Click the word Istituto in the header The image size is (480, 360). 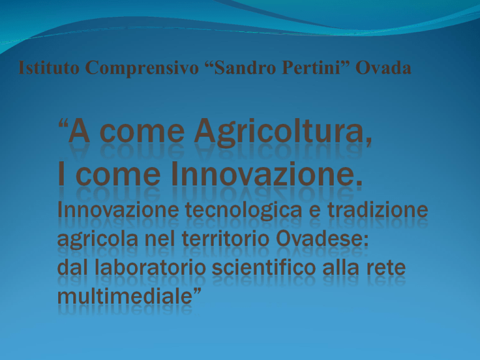49,67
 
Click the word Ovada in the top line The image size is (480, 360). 383,67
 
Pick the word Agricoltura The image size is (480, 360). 283,132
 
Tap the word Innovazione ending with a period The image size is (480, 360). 267,173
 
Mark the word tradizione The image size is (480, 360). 377,210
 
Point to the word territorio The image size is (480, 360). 225,239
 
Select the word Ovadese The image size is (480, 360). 322,239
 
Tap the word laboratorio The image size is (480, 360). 150,267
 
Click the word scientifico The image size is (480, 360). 264,267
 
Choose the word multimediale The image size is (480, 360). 125,296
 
